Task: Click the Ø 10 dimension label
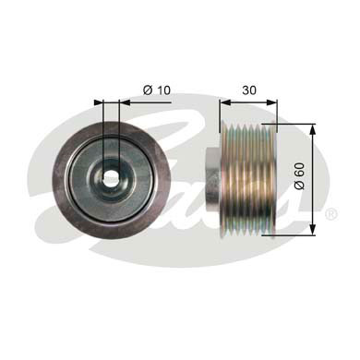point(157,90)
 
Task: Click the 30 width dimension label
point(249,90)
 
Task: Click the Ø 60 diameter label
point(299,176)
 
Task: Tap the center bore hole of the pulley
point(111,176)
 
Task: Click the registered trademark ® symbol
point(331,214)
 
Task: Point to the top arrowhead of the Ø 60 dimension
point(313,130)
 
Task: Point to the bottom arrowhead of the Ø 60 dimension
point(313,230)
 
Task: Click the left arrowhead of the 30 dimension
point(225,102)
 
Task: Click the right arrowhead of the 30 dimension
point(271,102)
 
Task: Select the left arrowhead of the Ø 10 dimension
point(99,102)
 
